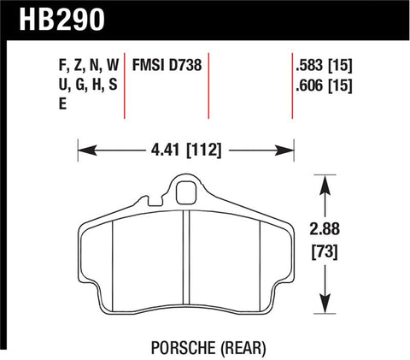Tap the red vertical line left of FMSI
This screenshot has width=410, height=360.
pyautogui.click(x=127, y=86)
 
